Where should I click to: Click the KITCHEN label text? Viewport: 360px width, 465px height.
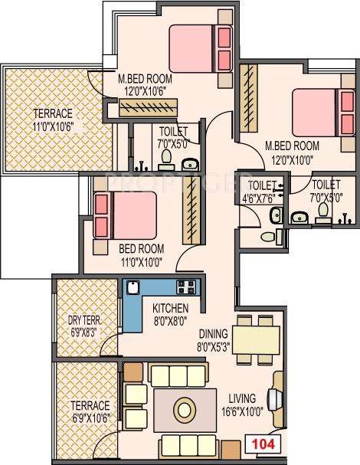[169, 308]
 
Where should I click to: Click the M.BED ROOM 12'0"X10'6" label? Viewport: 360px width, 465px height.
[144, 84]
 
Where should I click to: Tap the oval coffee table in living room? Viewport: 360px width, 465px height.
[184, 406]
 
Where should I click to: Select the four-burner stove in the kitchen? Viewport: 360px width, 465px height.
[185, 288]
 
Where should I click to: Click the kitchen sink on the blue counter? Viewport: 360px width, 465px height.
[133, 288]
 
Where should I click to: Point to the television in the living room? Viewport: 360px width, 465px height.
[274, 401]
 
